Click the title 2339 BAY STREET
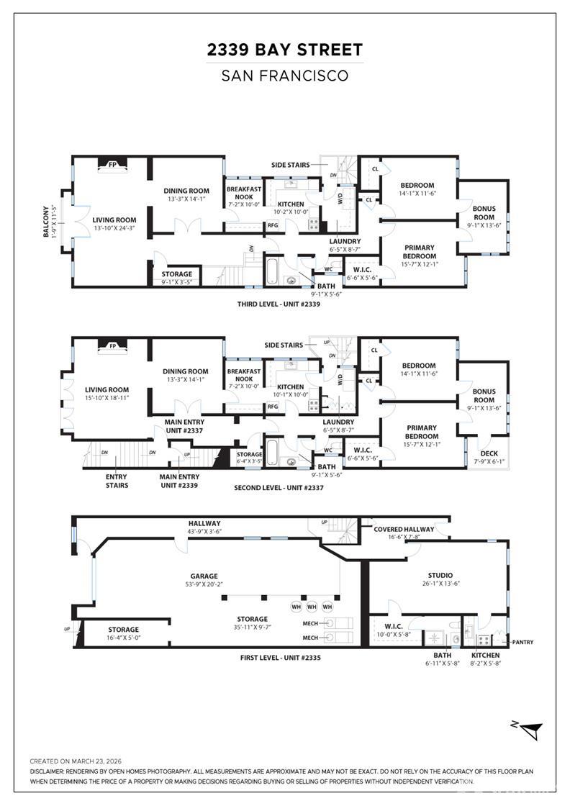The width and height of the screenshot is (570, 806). pos(285,50)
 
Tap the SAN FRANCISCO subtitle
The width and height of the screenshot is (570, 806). pos(285,76)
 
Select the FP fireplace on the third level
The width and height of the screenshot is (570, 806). pos(112,165)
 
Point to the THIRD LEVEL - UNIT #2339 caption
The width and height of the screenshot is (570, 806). pos(279,304)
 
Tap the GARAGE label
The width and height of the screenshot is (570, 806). pos(203,576)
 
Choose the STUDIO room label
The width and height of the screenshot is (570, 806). pos(440,575)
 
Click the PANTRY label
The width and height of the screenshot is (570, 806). pos(522,642)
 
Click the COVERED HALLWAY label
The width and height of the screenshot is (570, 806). pos(403,529)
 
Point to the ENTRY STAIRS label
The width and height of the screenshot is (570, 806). pos(117,481)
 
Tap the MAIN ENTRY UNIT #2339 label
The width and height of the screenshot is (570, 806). pos(179,481)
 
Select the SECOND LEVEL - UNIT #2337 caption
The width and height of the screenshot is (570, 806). pos(279,487)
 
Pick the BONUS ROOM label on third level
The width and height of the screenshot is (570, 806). pos(484,212)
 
